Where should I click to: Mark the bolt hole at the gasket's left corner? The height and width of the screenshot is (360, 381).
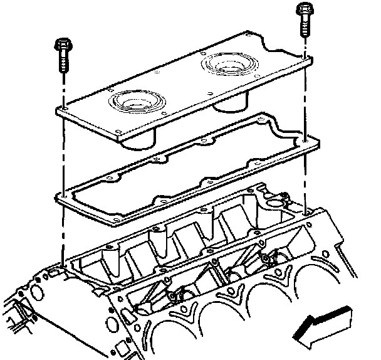pos(63,194)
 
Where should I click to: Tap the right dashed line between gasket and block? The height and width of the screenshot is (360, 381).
pos(305,179)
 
